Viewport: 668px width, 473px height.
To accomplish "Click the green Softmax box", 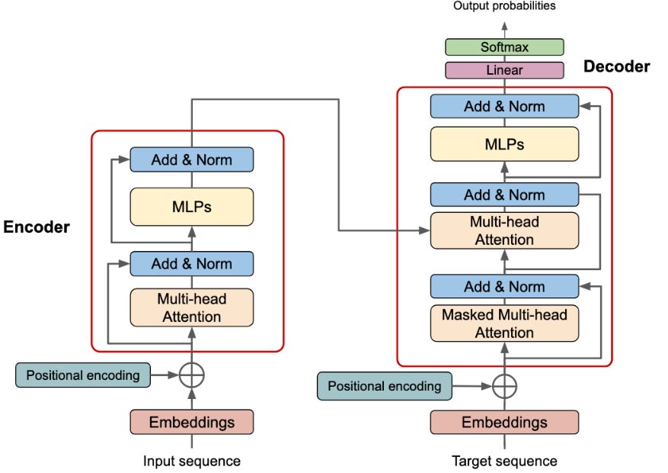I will tap(504, 47).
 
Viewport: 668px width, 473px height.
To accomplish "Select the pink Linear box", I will tap(504, 70).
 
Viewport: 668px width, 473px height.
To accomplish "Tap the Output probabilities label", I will tap(504, 6).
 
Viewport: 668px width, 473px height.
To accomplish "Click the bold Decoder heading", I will tap(616, 66).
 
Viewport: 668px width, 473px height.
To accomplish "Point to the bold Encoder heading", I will tap(37, 227).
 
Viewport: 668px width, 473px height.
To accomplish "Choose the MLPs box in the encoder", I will tap(191, 207).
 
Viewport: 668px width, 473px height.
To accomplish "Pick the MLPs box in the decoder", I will tap(504, 143).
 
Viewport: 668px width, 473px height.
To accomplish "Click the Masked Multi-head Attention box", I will tap(504, 323).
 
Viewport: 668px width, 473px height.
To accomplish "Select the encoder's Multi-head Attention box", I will tap(191, 307).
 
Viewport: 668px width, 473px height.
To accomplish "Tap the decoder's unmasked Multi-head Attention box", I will tap(504, 230).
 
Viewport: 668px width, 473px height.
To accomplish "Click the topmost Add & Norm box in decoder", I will tap(504, 106).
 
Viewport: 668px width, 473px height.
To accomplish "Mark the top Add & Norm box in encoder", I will tap(191, 159).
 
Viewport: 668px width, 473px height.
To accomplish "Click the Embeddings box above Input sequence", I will tap(191, 421).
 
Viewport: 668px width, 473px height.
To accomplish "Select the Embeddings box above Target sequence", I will tap(504, 422).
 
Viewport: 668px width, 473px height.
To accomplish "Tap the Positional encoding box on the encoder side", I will tap(83, 375).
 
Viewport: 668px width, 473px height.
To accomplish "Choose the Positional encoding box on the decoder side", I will tap(385, 386).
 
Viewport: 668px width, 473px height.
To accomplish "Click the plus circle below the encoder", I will tap(192, 375).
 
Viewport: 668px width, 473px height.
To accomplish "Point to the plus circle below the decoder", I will tap(504, 386).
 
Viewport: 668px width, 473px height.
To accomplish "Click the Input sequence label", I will tap(191, 461).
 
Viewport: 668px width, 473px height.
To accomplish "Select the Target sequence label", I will tap(504, 461).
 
